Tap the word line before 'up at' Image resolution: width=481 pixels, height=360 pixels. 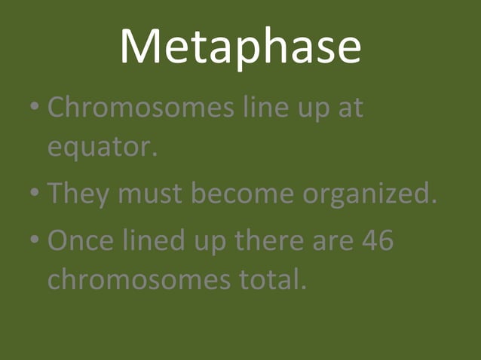point(263,108)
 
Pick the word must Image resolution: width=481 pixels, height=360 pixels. point(149,194)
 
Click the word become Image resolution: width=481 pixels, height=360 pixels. point(243,194)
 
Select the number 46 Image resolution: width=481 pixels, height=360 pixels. point(377,243)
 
